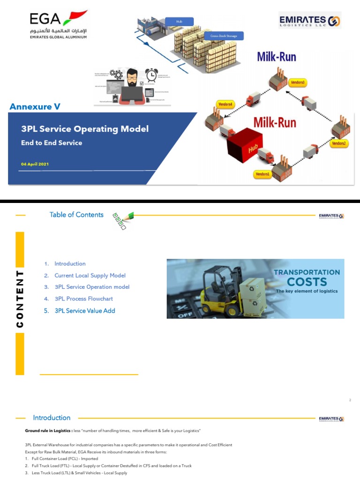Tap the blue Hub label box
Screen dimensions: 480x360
(x=179, y=22)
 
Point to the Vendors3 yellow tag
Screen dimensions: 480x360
(x=298, y=82)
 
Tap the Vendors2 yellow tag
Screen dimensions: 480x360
(x=338, y=143)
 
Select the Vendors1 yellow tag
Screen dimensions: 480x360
(x=262, y=174)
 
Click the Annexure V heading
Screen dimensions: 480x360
(x=35, y=107)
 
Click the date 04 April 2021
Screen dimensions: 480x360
(x=35, y=164)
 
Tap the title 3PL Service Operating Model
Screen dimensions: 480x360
(x=85, y=128)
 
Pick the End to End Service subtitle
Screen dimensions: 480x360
(x=52, y=143)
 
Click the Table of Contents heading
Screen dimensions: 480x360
(x=76, y=215)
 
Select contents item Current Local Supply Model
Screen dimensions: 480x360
(x=90, y=276)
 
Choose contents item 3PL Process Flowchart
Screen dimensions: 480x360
(x=83, y=299)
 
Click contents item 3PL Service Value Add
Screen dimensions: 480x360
(x=84, y=310)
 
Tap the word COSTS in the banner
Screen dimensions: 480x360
(x=307, y=282)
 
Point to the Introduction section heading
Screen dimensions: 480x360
(x=52, y=418)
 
